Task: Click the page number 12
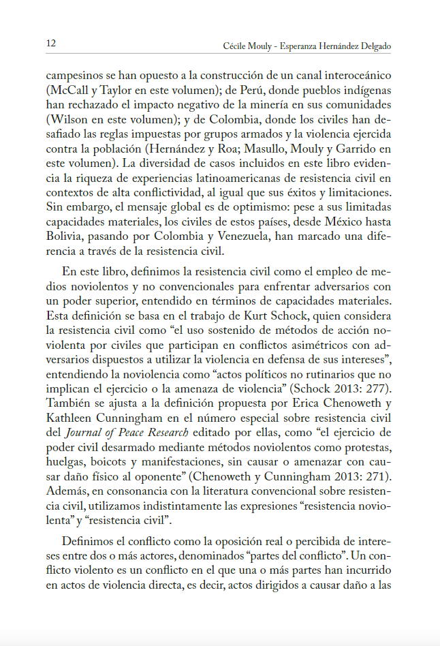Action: pyautogui.click(x=51, y=44)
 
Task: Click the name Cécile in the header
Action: pyautogui.click(x=236, y=46)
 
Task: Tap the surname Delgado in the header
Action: pyautogui.click(x=374, y=46)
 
